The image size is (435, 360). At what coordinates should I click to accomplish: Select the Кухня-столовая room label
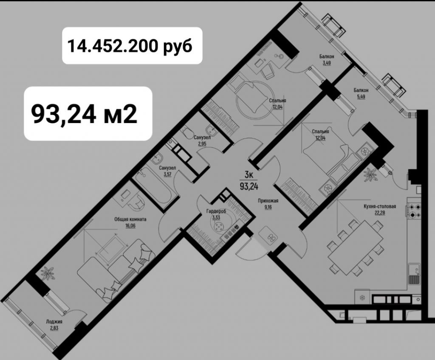tap(379, 207)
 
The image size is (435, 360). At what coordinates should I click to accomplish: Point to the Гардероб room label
tap(216, 211)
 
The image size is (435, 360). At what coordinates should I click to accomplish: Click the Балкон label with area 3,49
tap(327, 56)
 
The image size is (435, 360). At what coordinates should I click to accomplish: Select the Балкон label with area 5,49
tap(361, 90)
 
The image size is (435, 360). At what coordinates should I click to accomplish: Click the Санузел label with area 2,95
tap(202, 138)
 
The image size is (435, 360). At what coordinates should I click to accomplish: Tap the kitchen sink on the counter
tap(414, 274)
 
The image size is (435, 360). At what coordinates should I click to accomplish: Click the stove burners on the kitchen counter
tap(415, 211)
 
